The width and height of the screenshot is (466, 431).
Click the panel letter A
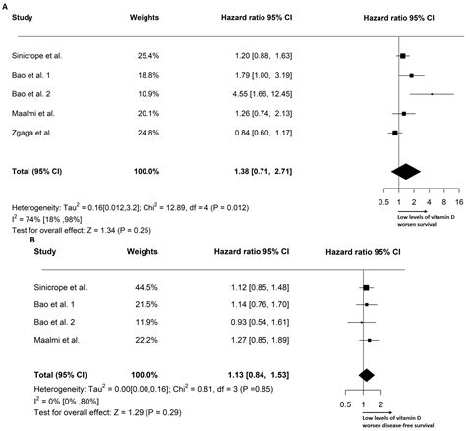click(5, 5)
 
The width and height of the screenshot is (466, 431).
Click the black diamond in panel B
click(367, 375)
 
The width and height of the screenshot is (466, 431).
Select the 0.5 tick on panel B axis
click(345, 404)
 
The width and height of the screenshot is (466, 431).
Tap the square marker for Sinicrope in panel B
click(366, 287)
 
